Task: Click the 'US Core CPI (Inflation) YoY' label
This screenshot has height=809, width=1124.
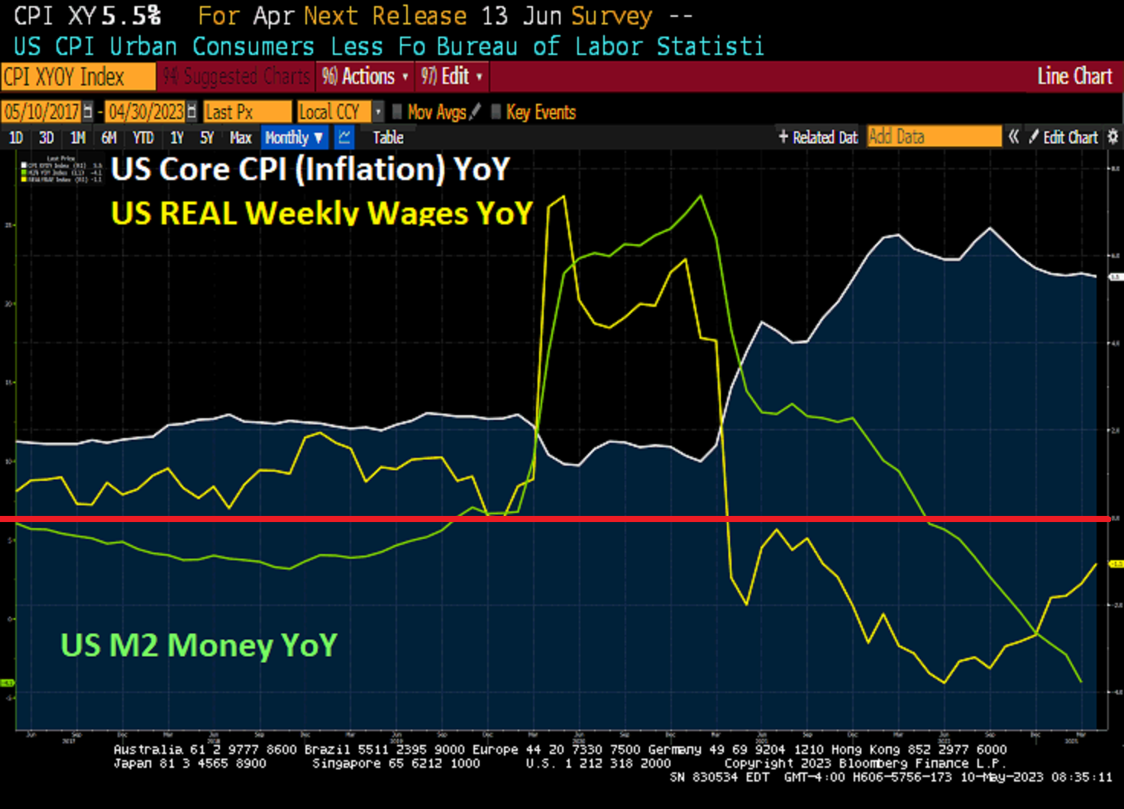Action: [x=310, y=169]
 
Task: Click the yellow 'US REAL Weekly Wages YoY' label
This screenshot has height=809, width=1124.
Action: [x=321, y=213]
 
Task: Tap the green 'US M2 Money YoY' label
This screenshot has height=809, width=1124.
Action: [x=199, y=646]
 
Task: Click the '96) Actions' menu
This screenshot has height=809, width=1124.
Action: [x=365, y=76]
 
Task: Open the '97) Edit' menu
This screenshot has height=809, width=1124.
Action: [x=451, y=76]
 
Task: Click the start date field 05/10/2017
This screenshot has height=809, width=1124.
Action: [x=42, y=112]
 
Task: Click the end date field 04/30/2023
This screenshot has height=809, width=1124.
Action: [x=146, y=112]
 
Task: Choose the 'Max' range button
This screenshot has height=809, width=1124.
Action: [x=241, y=138]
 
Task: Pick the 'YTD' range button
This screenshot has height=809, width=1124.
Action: [x=143, y=138]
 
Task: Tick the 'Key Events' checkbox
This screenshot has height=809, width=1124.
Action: [x=496, y=112]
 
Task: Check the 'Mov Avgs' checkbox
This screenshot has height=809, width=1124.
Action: [x=397, y=112]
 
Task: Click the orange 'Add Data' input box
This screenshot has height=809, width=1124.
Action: [x=933, y=137]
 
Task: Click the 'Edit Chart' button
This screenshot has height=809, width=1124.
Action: [x=1064, y=137]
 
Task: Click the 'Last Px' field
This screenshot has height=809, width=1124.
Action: [x=247, y=112]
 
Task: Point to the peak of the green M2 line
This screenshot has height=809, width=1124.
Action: [x=701, y=197]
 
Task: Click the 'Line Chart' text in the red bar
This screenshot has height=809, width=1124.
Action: [x=1074, y=76]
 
